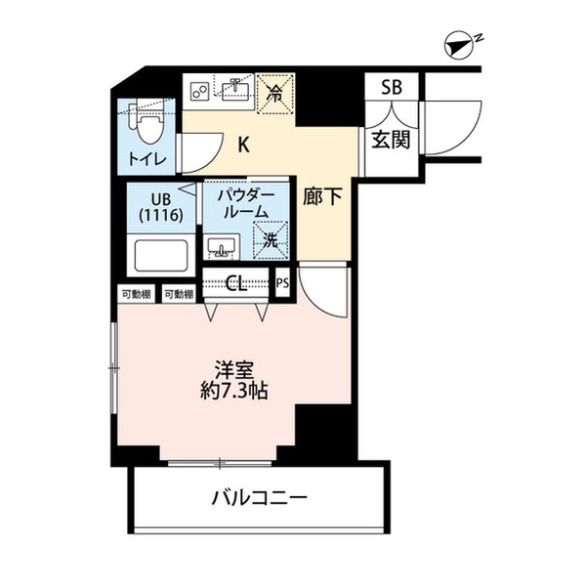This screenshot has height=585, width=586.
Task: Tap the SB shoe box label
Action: point(391,87)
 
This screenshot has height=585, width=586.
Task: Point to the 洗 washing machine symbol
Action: point(267,237)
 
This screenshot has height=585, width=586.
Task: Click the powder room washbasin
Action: point(222,245)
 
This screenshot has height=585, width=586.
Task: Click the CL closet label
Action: point(236,284)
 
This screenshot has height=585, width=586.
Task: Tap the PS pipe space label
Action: point(283,284)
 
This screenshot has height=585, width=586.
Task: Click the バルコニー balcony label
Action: point(259,496)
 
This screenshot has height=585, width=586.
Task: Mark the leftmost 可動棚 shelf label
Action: point(136,294)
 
